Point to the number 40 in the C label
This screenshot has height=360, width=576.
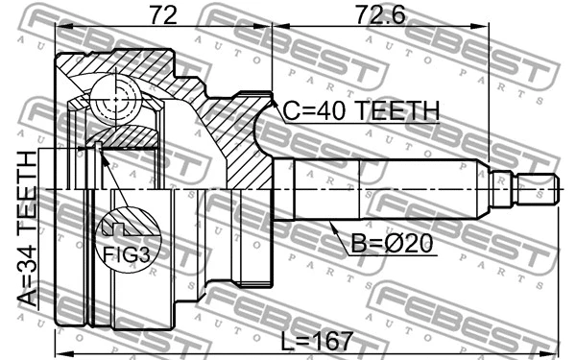[x=329, y=112]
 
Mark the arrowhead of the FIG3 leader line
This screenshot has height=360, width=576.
[x=99, y=146]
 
